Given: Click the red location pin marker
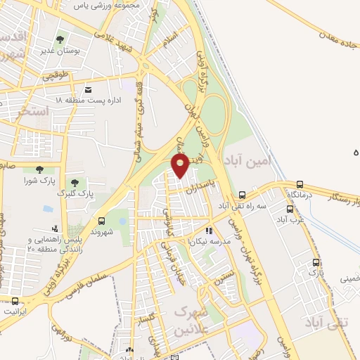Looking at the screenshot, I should (181, 166).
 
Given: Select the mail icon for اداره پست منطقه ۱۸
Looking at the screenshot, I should (88, 89).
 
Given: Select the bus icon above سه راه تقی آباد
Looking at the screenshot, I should (243, 195).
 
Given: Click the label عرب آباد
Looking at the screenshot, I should (290, 219).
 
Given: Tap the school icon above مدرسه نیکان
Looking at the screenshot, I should (208, 230).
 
